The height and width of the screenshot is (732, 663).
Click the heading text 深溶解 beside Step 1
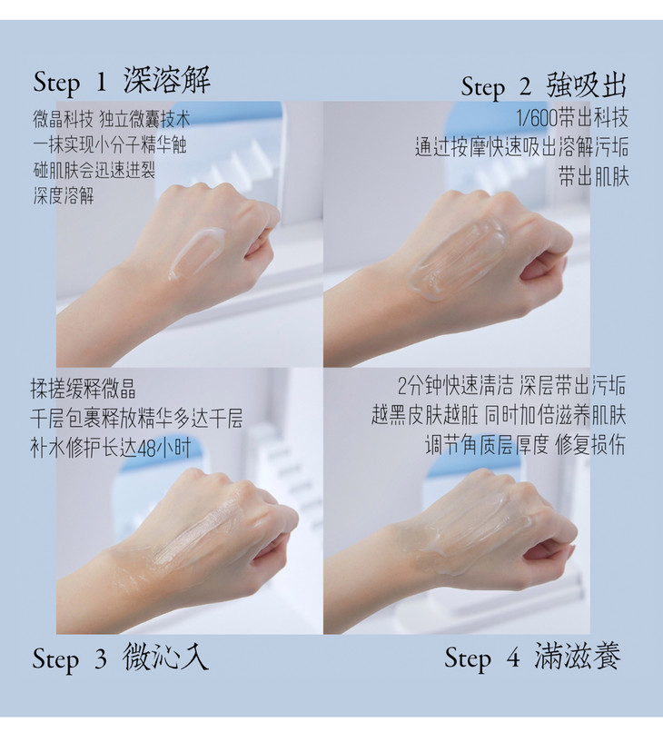(167, 80)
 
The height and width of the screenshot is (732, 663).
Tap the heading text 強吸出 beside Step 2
(586, 85)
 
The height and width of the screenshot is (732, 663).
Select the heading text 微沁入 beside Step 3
(165, 657)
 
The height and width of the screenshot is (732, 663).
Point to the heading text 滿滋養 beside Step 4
(578, 656)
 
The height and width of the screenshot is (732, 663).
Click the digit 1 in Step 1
(101, 82)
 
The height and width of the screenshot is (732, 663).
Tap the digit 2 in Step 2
(525, 87)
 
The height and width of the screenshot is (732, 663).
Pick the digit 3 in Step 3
(101, 658)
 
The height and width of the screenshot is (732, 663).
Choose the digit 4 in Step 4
(512, 658)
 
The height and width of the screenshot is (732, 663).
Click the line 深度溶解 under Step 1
(63, 195)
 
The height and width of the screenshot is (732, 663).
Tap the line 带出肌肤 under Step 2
(594, 177)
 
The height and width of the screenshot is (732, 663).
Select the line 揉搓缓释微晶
(84, 389)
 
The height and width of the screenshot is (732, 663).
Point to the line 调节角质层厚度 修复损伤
(525, 445)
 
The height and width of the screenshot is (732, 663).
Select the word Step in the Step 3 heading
(55, 659)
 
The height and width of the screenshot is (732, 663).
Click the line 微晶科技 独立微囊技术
(111, 120)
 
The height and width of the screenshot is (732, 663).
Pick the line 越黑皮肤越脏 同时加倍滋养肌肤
(499, 415)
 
